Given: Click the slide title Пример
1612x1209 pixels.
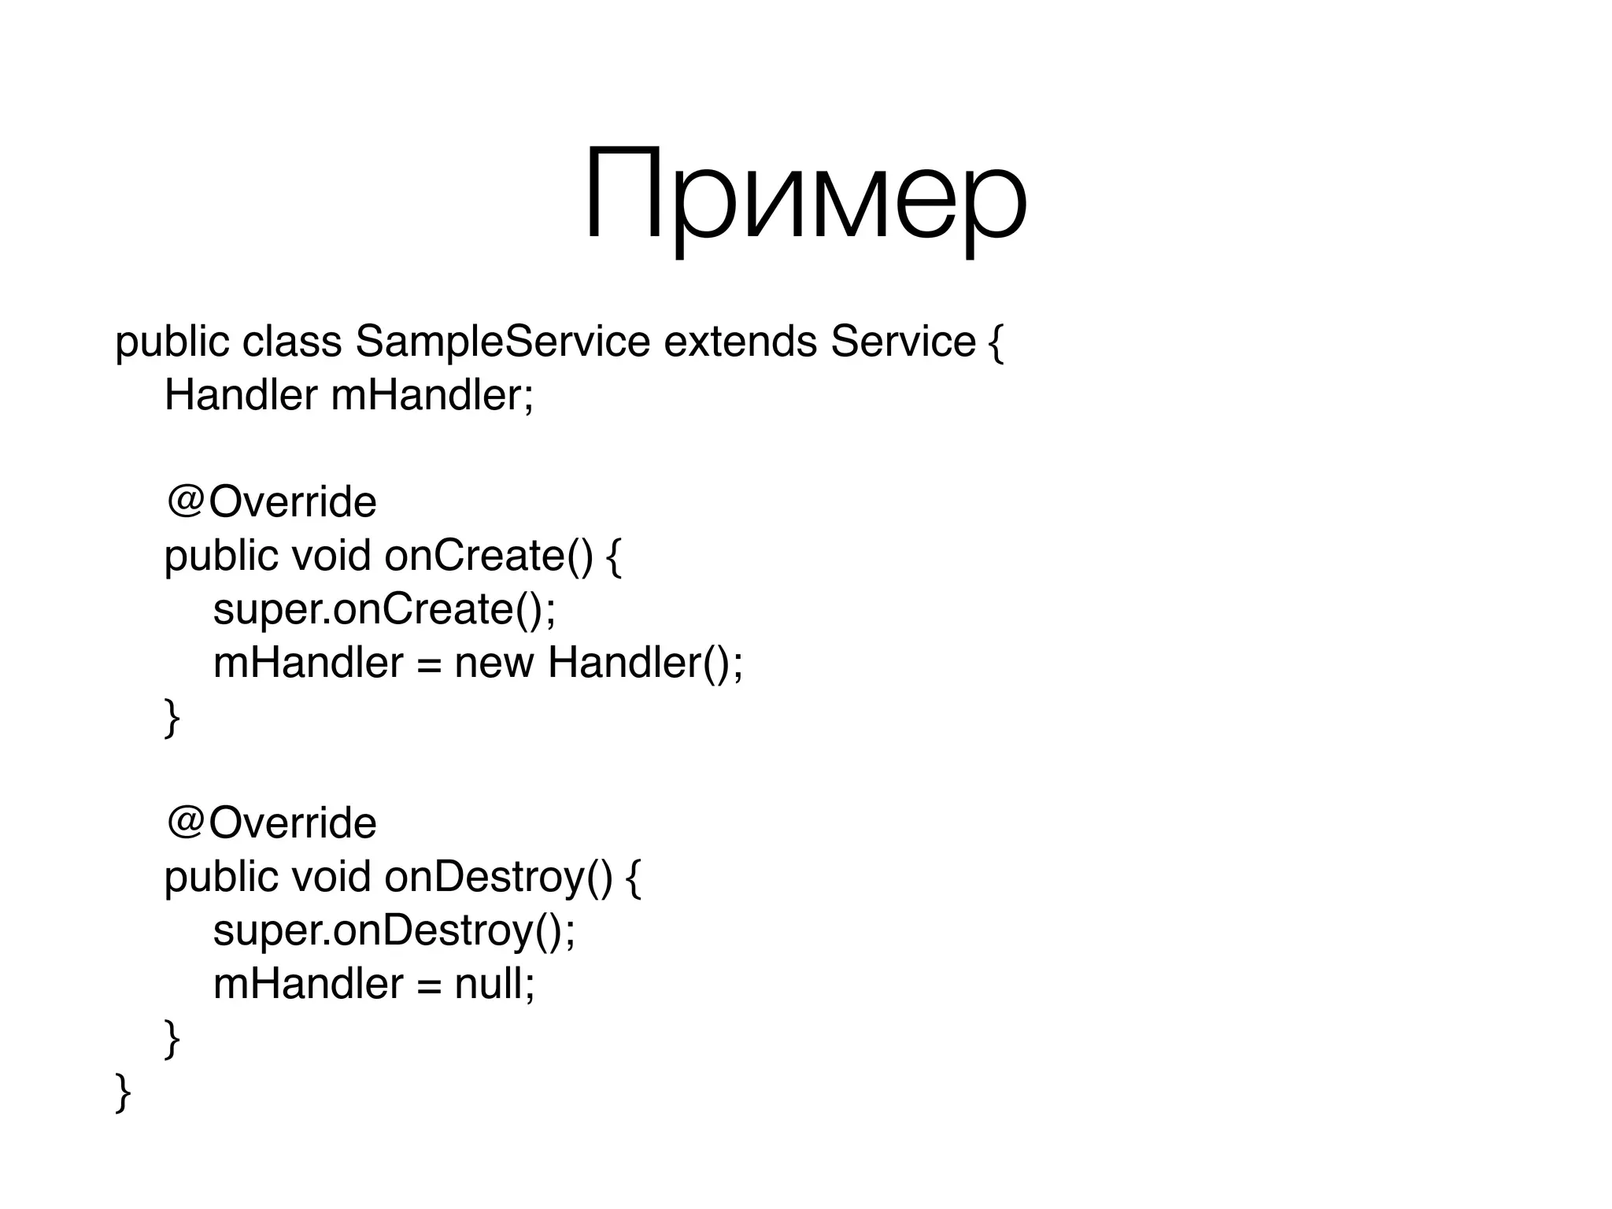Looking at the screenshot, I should pyautogui.click(x=804, y=195).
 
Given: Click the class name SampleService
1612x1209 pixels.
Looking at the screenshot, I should pyautogui.click(x=502, y=342).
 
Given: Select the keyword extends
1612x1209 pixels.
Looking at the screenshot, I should pyautogui.click(x=740, y=342).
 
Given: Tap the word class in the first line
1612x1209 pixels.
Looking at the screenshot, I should pyautogui.click(x=292, y=342).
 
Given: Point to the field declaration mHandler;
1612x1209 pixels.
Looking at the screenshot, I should pyautogui.click(x=432, y=394).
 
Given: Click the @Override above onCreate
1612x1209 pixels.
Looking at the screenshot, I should pyautogui.click(x=272, y=501).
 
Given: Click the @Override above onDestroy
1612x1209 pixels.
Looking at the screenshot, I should pyautogui.click(x=272, y=823).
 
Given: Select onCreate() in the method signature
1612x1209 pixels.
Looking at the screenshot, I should pyautogui.click(x=489, y=556).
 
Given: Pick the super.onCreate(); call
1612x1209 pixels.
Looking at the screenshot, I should pyautogui.click(x=384, y=609).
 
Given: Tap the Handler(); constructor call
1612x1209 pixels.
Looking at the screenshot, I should pyautogui.click(x=645, y=663).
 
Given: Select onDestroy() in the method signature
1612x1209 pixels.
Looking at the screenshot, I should pyautogui.click(x=498, y=877).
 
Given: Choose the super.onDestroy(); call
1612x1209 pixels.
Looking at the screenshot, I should pyautogui.click(x=394, y=930).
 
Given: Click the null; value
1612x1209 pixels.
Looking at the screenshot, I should pyautogui.click(x=494, y=984).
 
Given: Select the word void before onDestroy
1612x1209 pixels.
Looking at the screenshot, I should pyautogui.click(x=331, y=877).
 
